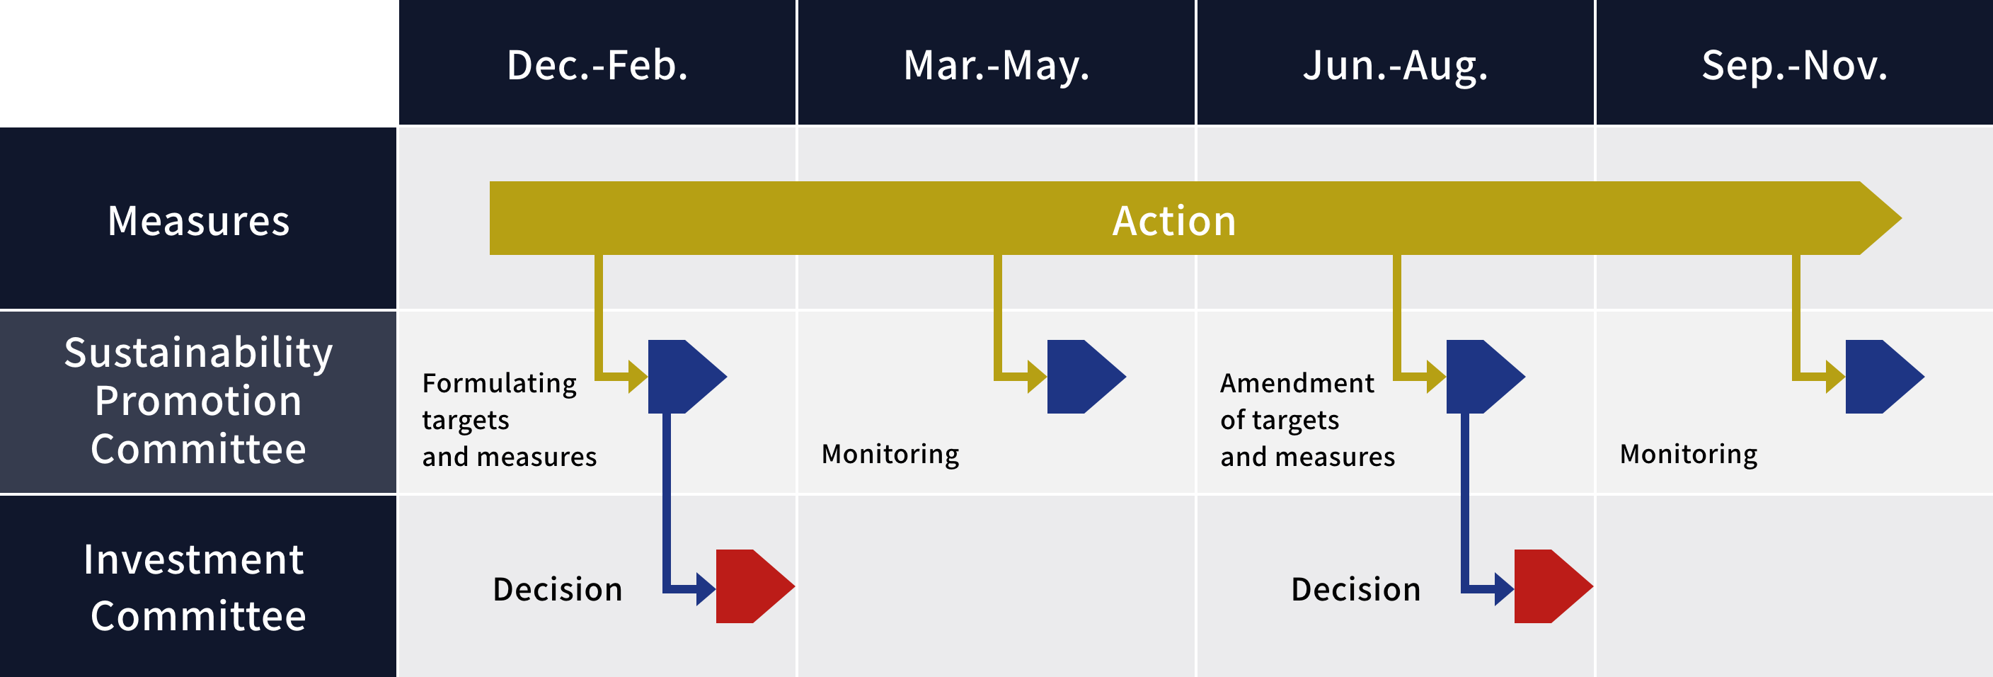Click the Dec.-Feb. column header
click(597, 65)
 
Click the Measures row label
click(199, 220)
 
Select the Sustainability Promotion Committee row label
click(199, 401)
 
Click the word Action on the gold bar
click(1173, 220)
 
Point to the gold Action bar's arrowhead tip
click(1901, 218)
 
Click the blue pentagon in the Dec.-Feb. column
click(687, 377)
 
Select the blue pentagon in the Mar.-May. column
click(1086, 377)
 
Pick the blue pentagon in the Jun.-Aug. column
click(1485, 377)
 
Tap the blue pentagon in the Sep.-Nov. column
click(1884, 377)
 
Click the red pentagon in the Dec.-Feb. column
click(754, 586)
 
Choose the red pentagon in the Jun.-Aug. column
click(1553, 586)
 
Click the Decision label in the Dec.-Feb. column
click(558, 590)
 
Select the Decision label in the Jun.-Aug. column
click(1356, 590)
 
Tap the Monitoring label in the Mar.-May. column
click(890, 454)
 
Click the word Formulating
click(500, 384)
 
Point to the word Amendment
click(1297, 383)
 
